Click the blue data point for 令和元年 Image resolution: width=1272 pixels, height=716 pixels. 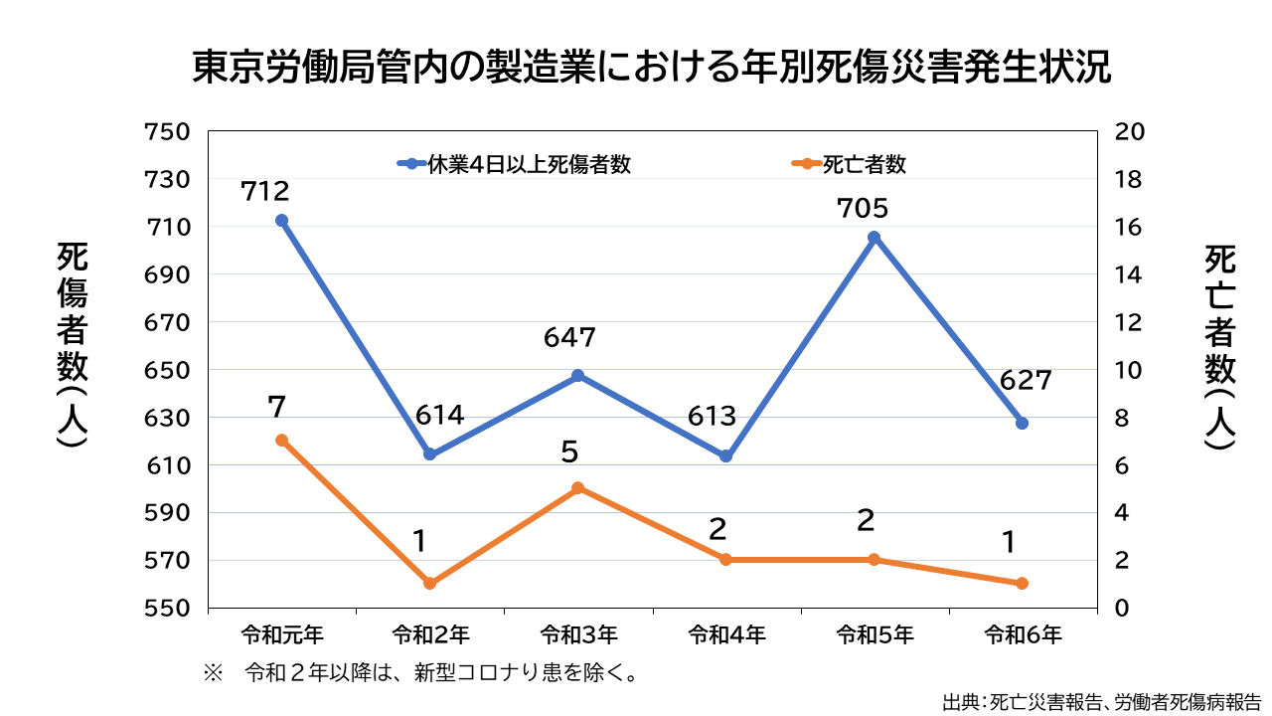[281, 221]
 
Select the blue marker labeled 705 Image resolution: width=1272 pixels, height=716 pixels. [874, 238]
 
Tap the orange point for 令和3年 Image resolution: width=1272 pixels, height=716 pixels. [577, 488]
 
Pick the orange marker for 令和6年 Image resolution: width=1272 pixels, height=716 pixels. [1022, 584]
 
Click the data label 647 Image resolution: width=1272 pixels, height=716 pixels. [569, 338]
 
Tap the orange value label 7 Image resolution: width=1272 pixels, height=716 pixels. [277, 406]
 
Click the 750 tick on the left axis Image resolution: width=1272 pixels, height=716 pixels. [167, 132]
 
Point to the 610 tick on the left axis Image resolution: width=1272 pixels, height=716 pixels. [167, 465]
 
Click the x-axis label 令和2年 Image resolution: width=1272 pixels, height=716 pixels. [430, 633]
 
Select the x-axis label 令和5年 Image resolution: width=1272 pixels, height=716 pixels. [874, 633]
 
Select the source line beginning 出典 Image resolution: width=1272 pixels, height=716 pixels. [1102, 701]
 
